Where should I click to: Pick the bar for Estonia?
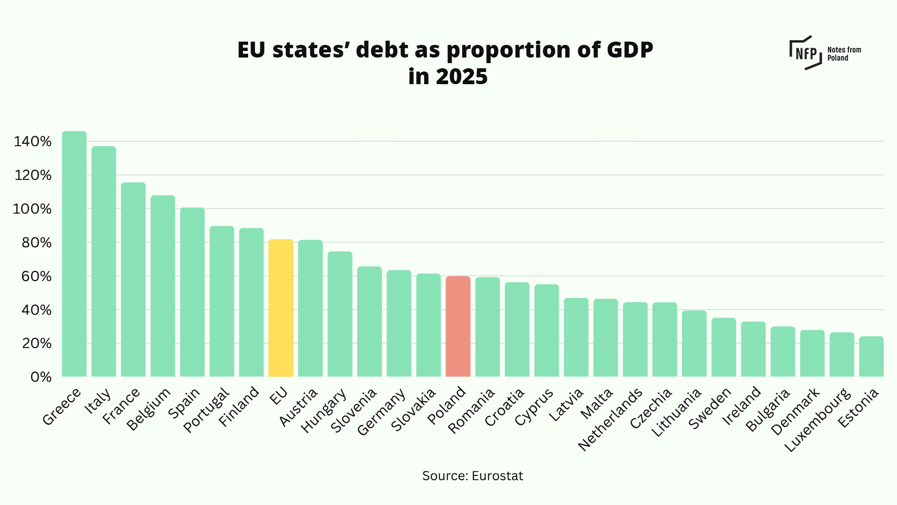[x=871, y=356]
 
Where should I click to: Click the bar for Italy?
[x=104, y=261]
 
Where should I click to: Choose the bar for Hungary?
[x=340, y=314]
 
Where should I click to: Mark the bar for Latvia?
[x=576, y=337]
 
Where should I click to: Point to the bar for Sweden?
[x=724, y=347]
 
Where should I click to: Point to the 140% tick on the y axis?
[x=33, y=141]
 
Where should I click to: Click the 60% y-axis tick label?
[x=36, y=276]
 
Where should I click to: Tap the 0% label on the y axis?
[x=41, y=377]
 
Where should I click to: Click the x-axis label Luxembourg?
[x=818, y=420]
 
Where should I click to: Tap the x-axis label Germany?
[x=381, y=412]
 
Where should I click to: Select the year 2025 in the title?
[x=461, y=77]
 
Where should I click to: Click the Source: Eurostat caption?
[x=472, y=476]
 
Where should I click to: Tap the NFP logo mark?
[x=805, y=53]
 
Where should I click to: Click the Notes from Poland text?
[x=844, y=54]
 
